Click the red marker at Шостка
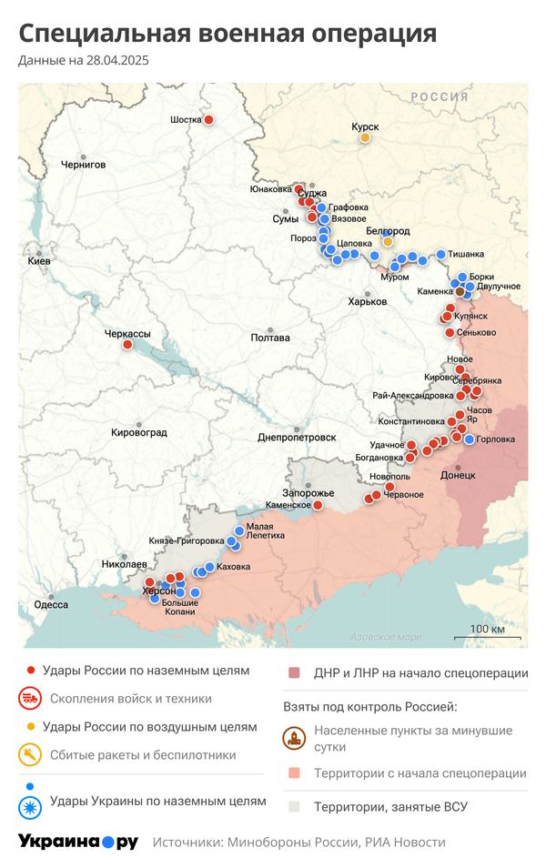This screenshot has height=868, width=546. point(208,120)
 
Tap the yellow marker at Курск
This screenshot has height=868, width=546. point(365,138)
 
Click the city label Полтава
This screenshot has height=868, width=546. point(270,338)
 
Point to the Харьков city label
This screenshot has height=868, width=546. point(368,302)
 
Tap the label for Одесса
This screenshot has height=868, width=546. point(51,605)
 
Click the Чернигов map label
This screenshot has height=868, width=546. point(83,165)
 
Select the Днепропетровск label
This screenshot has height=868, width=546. point(297,437)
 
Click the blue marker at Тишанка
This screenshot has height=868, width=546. point(441,255)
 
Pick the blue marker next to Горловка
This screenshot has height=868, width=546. point(469,439)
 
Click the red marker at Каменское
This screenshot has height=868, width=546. point(318,505)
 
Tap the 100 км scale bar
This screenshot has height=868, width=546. point(488,635)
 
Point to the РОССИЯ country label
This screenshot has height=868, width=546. point(439,97)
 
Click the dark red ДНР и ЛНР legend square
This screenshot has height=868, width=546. point(293,673)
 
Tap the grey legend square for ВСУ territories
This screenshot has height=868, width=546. point(293,806)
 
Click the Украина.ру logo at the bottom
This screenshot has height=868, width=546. point(78,842)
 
